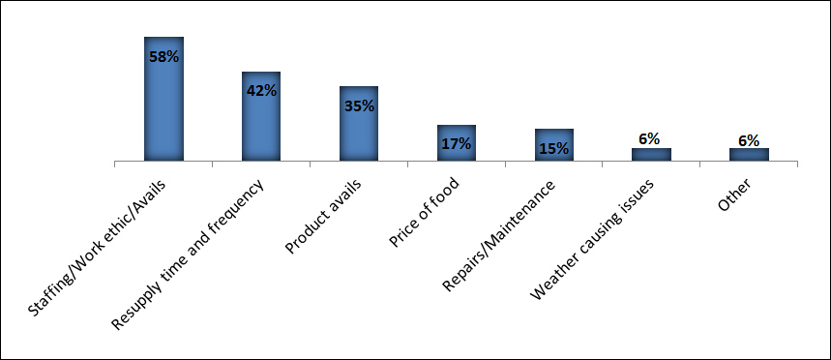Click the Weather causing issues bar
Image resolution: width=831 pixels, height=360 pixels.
tap(651, 154)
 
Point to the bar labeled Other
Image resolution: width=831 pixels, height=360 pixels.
tap(749, 154)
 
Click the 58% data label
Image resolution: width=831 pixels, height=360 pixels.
tap(163, 57)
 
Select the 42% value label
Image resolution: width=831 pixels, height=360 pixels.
tap(261, 91)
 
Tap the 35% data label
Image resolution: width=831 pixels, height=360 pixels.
tap(359, 106)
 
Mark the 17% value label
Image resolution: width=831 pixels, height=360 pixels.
tap(457, 144)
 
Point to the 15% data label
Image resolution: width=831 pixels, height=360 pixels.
tap(554, 149)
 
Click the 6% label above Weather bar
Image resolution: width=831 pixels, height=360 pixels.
tap(651, 139)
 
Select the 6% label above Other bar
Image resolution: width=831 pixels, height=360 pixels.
tap(749, 140)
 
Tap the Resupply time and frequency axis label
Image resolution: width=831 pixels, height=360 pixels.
tap(199, 242)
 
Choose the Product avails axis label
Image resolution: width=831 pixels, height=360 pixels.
tap(325, 217)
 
